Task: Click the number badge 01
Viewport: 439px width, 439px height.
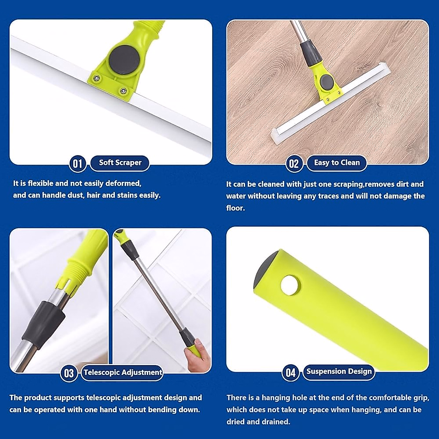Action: (x=77, y=163)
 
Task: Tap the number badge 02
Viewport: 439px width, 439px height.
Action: (x=294, y=164)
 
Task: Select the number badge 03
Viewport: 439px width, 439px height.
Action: (x=69, y=374)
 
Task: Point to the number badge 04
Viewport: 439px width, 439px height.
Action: (x=290, y=373)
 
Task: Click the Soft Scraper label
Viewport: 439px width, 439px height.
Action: (x=120, y=162)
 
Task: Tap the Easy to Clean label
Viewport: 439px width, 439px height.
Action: (x=337, y=162)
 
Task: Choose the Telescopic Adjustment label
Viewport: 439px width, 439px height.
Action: (x=123, y=372)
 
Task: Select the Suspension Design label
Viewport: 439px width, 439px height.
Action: (x=339, y=371)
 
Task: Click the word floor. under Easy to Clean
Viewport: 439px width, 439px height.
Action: (x=235, y=208)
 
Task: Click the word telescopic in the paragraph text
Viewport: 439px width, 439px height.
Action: (x=103, y=398)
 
